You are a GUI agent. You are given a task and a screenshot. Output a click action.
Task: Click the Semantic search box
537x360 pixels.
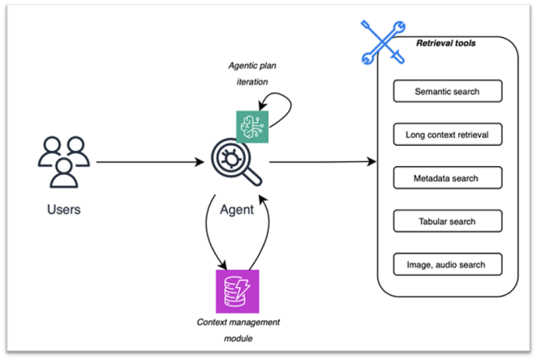[447, 92]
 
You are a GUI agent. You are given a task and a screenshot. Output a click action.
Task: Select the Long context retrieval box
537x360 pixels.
[447, 135]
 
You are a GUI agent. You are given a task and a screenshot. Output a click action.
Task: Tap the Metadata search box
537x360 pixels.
[447, 178]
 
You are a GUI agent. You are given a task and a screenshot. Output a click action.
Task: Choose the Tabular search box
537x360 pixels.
[447, 221]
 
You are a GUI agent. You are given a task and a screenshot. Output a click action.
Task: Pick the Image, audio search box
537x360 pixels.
[447, 264]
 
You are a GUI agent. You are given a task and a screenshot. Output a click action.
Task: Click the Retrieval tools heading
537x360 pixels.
[446, 44]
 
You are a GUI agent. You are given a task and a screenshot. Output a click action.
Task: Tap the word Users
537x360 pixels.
[63, 210]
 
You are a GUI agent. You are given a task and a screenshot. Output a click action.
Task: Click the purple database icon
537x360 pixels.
[235, 289]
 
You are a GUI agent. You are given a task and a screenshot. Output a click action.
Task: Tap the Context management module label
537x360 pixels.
[238, 328]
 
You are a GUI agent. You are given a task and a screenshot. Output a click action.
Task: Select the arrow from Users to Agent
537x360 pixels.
[150, 163]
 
